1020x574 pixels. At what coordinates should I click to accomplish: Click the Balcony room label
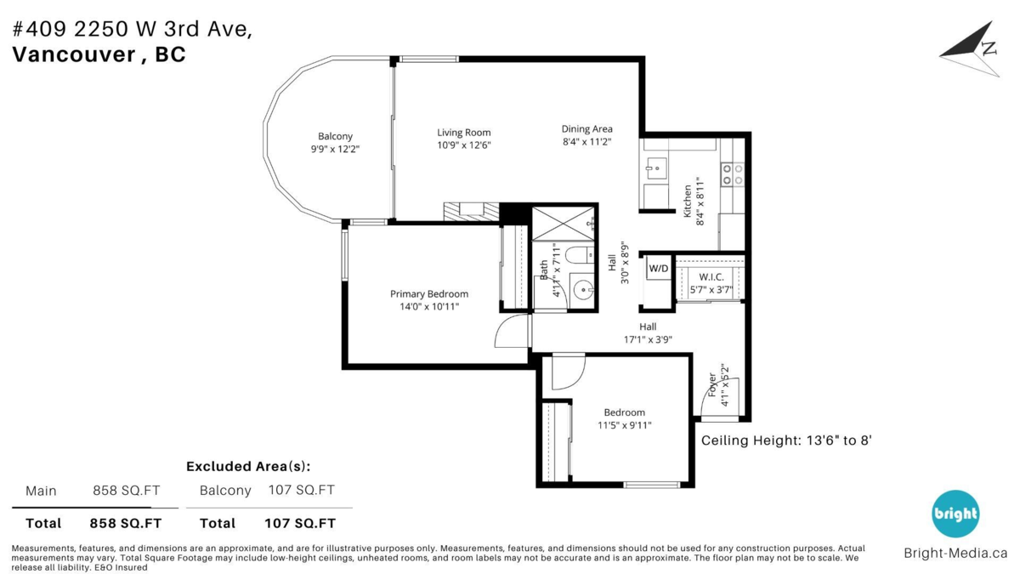tap(335, 136)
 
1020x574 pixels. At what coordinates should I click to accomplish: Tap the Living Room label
tap(464, 132)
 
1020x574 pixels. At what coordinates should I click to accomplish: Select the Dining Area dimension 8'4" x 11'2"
tap(586, 141)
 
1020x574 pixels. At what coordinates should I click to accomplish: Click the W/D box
tap(659, 270)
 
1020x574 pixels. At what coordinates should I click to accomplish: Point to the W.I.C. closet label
tap(711, 276)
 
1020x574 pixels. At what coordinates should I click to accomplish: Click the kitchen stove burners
tap(732, 175)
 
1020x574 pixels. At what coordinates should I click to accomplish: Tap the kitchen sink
tap(654, 168)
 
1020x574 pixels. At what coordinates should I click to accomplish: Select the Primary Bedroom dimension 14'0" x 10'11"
tap(429, 306)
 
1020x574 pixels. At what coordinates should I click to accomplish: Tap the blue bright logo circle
tap(955, 514)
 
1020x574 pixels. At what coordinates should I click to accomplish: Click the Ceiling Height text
tap(786, 440)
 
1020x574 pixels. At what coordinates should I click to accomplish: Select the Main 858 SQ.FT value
tap(126, 491)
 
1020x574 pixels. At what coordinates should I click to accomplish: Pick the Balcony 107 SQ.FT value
tap(301, 490)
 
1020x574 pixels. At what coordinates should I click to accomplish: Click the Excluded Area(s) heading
tap(248, 466)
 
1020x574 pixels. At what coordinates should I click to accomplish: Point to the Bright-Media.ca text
tap(955, 554)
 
